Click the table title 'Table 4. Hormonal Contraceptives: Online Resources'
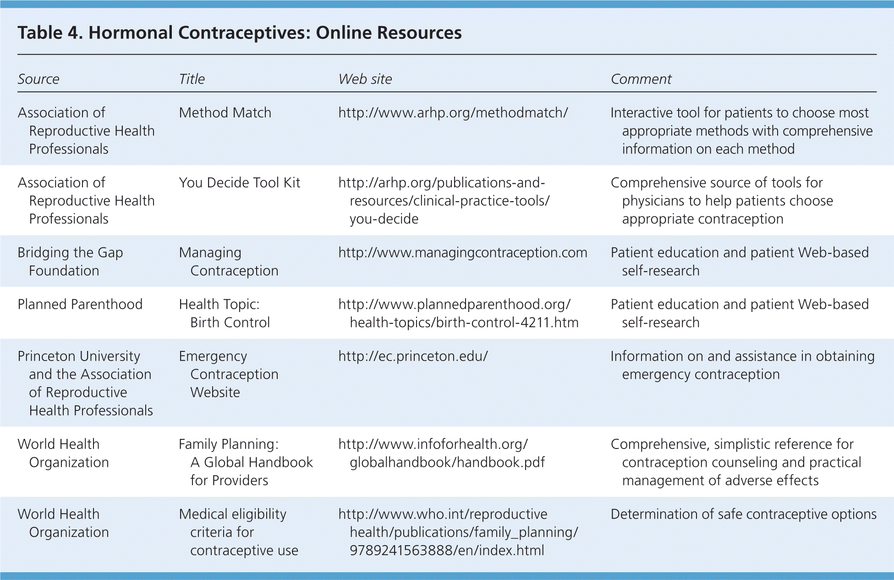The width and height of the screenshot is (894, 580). coord(240,33)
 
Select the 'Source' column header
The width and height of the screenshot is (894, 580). coord(38,79)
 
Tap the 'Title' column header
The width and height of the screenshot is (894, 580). coord(192,79)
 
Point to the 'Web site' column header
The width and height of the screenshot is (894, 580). coord(365,79)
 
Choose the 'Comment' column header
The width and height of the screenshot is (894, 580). coord(641,79)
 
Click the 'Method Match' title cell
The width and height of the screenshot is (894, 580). coord(225,113)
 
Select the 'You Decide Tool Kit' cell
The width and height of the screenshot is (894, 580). coord(239,183)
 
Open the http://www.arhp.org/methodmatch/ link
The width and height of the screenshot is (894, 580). coord(453,113)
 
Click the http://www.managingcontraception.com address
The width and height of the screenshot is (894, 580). coord(462,253)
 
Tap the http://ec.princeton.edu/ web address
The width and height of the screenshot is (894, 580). coord(413,356)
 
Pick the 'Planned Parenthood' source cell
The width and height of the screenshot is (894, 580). coord(80,305)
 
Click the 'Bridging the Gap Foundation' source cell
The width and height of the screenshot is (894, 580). coord(70,262)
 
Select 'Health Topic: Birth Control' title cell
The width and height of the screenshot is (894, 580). coord(224,313)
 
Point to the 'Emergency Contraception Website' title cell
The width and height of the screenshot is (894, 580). coord(228,374)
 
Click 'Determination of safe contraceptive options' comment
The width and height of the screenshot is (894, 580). coord(743,514)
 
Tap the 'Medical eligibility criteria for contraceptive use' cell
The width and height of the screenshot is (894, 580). coord(238,532)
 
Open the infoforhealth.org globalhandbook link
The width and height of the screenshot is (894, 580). coord(441,453)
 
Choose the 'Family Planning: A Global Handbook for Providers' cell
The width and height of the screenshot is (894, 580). coord(246,462)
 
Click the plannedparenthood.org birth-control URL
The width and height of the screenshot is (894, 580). coord(458,313)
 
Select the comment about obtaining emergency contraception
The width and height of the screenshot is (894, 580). coord(742,365)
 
